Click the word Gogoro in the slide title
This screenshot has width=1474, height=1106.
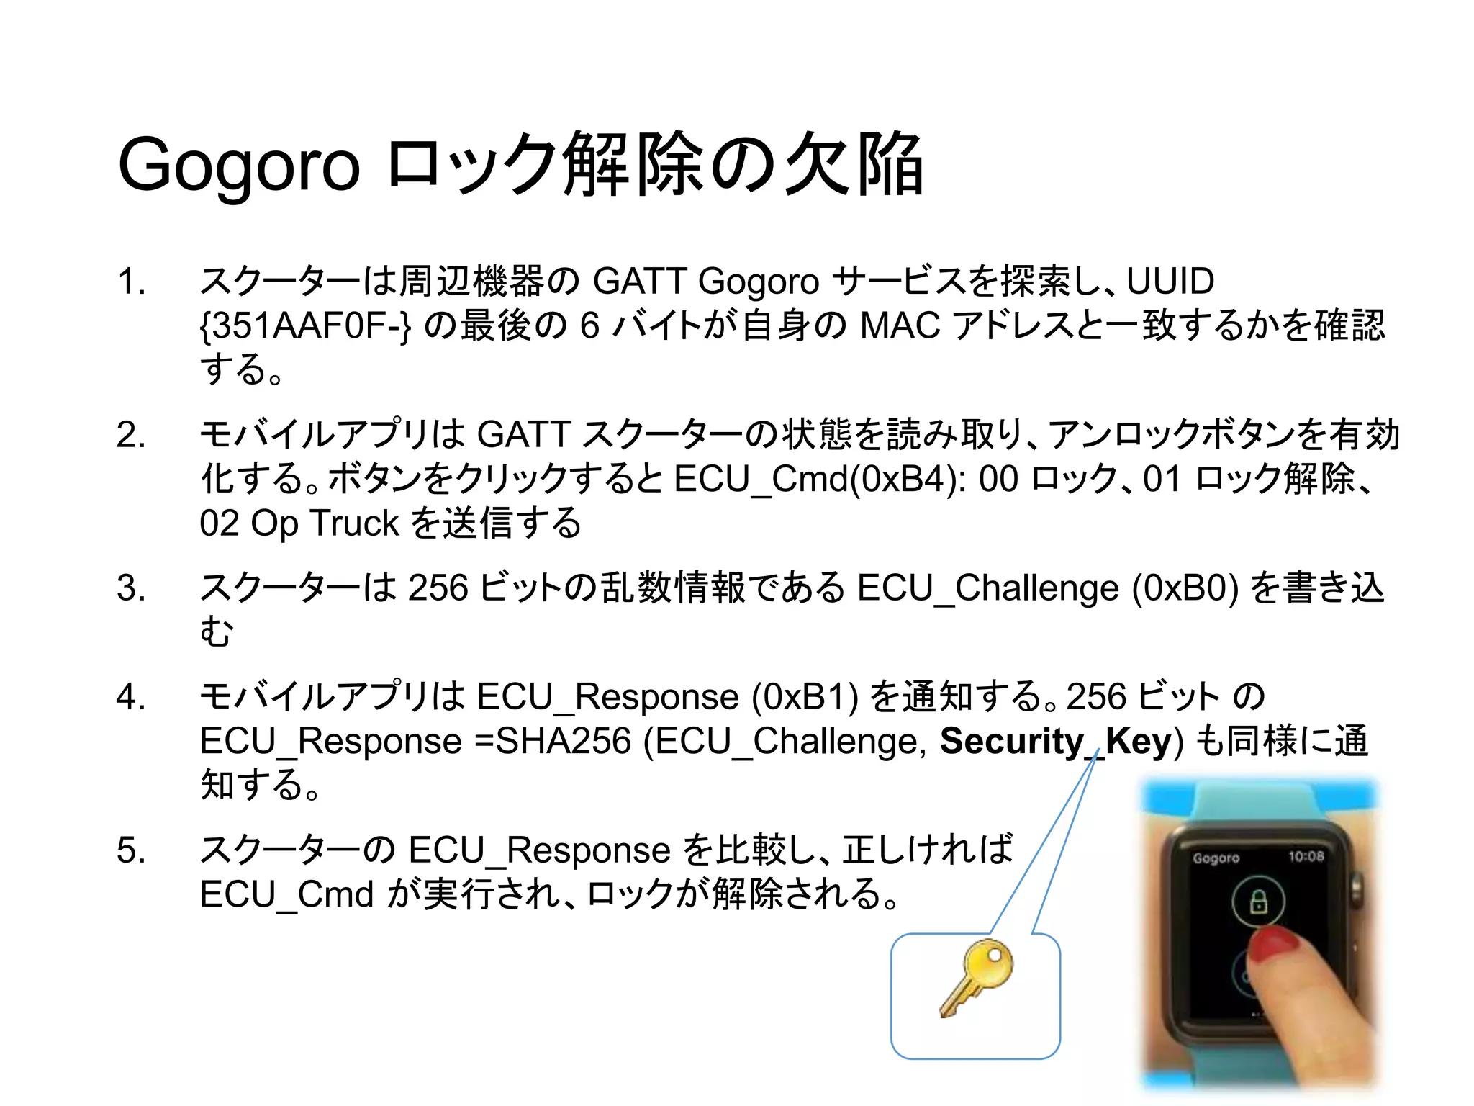click(238, 166)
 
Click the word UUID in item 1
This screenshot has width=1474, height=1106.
click(1170, 282)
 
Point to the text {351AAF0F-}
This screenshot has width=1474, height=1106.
click(305, 326)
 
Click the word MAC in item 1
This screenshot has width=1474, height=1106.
click(900, 326)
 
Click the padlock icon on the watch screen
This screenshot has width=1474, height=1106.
click(1258, 901)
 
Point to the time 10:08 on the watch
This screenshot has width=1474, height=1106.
click(1306, 856)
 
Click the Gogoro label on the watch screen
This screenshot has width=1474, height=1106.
click(1216, 858)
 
